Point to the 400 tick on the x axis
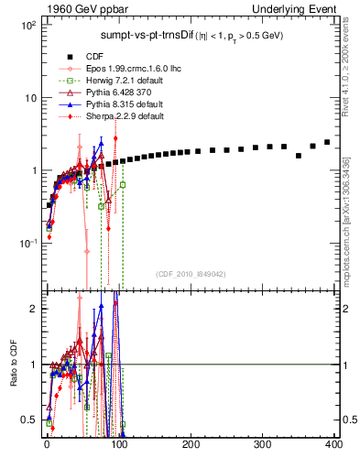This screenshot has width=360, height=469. point(333,444)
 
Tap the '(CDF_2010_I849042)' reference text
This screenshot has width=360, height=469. point(191,274)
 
